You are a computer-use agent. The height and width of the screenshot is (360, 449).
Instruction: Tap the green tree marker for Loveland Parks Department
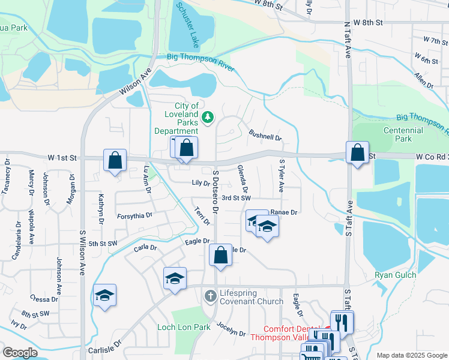208,116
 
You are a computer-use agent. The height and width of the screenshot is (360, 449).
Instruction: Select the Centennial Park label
403,134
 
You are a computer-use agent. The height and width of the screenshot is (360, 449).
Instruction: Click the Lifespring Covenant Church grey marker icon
210,296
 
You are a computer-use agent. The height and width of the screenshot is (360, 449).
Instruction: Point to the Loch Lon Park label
184,327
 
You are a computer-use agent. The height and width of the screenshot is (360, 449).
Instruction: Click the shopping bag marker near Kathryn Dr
115,160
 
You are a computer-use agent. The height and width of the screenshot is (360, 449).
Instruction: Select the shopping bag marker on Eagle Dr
221,254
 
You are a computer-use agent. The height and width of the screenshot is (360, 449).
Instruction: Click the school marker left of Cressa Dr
104,295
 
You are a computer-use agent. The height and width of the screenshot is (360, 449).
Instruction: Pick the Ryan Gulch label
391,275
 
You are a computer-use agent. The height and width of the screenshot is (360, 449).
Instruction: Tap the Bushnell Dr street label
265,137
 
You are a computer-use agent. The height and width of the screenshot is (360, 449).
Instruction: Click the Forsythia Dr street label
134,215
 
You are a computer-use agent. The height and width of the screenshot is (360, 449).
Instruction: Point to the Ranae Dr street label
285,212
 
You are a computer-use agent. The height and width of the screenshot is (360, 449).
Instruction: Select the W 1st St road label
62,158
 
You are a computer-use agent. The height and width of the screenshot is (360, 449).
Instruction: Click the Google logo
20,352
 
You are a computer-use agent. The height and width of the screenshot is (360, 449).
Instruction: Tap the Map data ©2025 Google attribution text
411,355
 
